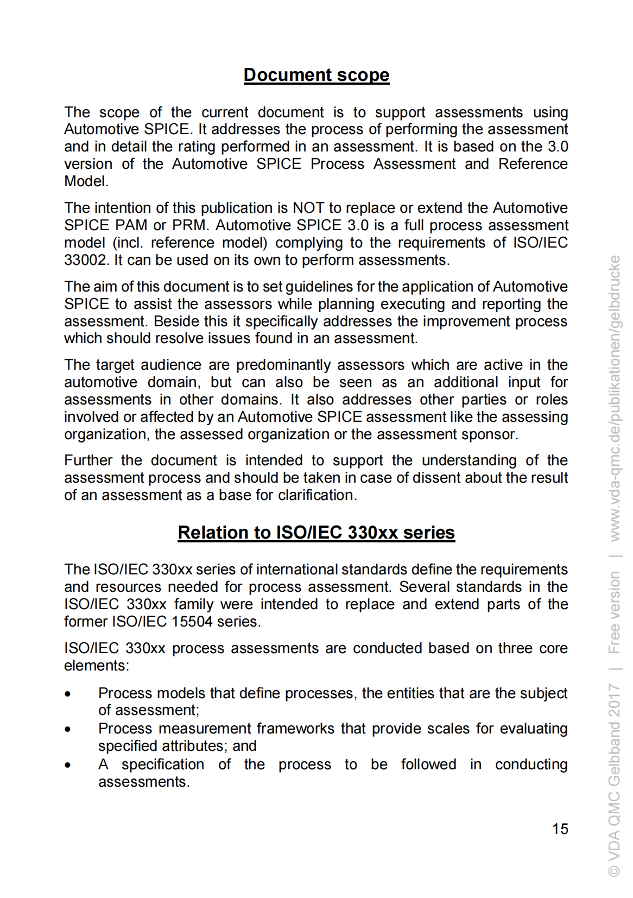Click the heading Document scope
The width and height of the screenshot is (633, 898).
point(316,75)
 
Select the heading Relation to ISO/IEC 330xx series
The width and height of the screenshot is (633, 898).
point(316,533)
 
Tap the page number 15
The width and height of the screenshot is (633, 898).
point(560,829)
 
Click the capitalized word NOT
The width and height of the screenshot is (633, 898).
point(308,208)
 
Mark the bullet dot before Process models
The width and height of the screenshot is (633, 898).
point(68,694)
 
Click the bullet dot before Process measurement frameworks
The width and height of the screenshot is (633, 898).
point(68,729)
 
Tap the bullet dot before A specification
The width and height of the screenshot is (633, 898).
point(68,765)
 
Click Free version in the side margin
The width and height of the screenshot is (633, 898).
point(615,612)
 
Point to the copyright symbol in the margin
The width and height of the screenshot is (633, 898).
point(615,870)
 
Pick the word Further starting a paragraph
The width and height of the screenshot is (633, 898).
point(87,460)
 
